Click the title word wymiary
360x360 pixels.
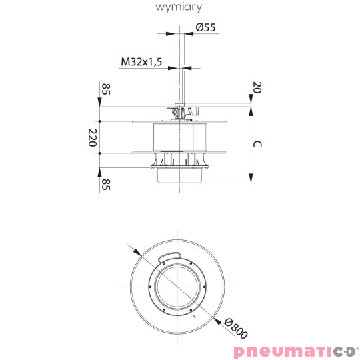[x=179, y=7]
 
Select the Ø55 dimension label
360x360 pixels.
[x=205, y=27]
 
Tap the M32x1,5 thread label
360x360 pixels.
[x=141, y=62]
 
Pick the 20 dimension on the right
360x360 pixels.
[x=256, y=87]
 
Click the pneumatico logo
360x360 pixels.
[x=293, y=351]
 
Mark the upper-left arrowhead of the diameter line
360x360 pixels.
[x=137, y=252]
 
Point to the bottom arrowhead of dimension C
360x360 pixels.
[x=251, y=177]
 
